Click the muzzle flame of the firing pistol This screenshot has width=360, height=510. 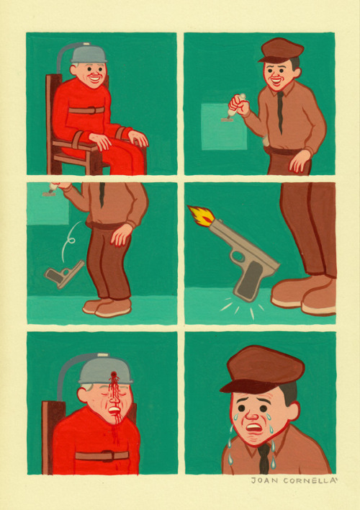(x=202, y=215)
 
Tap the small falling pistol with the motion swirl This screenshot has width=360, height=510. (x=64, y=274)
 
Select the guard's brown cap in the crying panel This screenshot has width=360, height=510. (x=262, y=369)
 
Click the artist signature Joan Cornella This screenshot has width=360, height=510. (x=293, y=480)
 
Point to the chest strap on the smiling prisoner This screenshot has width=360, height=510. (x=86, y=110)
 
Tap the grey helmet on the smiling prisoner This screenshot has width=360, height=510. (x=89, y=54)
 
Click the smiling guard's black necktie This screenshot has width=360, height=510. (x=280, y=111)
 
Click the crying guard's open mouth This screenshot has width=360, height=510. (x=254, y=427)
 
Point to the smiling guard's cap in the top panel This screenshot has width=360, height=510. (x=281, y=50)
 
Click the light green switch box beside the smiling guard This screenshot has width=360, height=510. (x=224, y=127)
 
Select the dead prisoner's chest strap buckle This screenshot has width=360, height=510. (x=107, y=456)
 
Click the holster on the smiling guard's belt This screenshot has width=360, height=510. (x=265, y=140)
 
